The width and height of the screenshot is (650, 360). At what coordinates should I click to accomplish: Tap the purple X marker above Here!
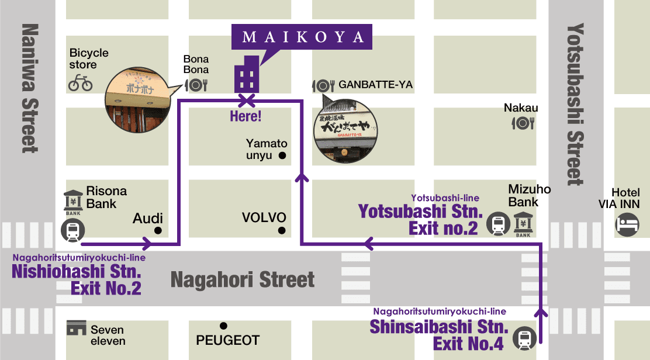click(246, 99)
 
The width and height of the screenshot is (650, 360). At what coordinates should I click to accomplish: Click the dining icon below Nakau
click(522, 123)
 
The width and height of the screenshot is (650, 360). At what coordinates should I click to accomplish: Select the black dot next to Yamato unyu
click(282, 155)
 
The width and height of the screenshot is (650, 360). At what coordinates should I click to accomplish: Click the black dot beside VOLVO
click(282, 230)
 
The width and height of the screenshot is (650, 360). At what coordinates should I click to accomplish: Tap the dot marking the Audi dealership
click(157, 230)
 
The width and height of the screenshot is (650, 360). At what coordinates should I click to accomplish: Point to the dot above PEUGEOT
click(223, 326)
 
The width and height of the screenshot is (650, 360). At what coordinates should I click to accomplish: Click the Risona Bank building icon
click(72, 202)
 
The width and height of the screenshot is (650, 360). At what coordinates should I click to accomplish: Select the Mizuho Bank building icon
click(523, 224)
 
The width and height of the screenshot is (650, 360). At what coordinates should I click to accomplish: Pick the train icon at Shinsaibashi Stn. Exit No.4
click(523, 338)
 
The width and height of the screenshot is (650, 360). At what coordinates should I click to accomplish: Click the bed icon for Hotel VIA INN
click(626, 223)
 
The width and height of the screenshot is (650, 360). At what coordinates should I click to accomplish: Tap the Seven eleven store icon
click(76, 328)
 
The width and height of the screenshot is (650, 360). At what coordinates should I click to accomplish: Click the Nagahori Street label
click(243, 281)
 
